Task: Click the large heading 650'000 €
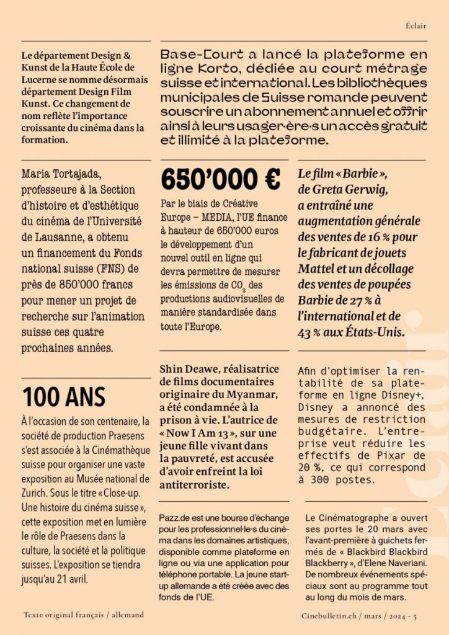tap(220, 180)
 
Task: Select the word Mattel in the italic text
tap(319, 269)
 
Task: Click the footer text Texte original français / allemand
tap(84, 615)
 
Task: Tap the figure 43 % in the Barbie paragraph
tap(311, 332)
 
